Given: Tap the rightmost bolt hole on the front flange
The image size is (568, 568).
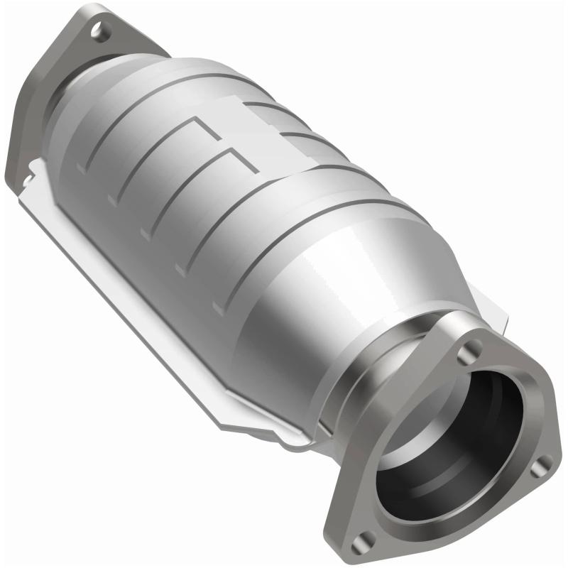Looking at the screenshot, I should point(543,465).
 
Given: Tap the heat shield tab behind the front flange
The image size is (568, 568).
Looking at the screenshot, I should point(497,312).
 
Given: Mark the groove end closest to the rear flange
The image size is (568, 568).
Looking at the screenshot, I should point(80,169).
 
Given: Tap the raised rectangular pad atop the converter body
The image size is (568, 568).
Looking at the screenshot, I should point(241,106).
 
